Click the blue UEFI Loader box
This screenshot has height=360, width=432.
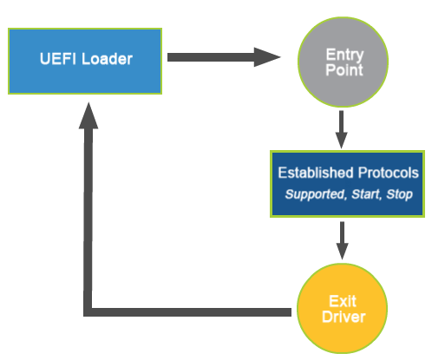click(x=84, y=61)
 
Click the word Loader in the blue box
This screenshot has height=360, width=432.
click(x=108, y=60)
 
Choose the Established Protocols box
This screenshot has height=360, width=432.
click(x=347, y=182)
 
